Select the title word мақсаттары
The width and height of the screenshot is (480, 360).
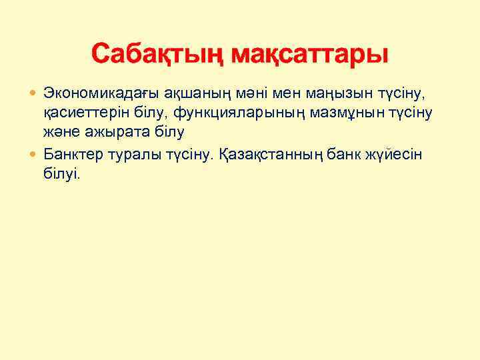point(309,53)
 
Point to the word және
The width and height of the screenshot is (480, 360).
point(59,132)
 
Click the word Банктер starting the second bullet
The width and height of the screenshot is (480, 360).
point(69,155)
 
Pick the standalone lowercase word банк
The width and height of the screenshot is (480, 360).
point(339,155)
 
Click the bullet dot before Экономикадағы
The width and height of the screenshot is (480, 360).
point(34,91)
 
